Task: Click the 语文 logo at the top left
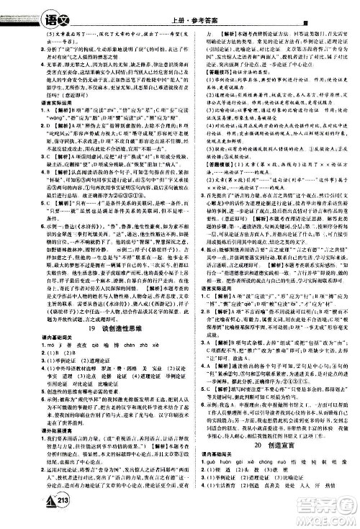[x=22, y=10]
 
